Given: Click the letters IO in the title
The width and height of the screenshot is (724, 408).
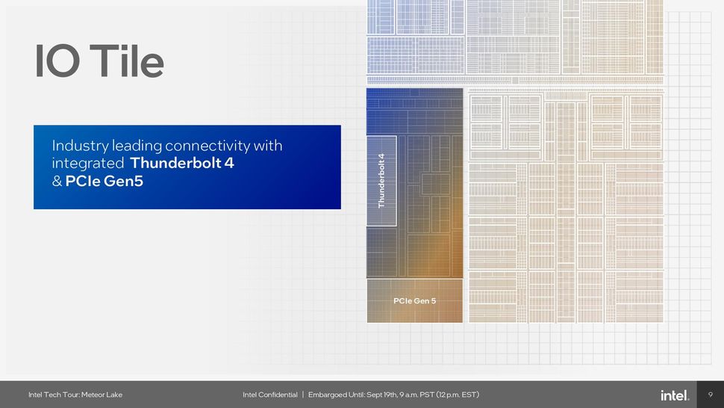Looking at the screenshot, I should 57,61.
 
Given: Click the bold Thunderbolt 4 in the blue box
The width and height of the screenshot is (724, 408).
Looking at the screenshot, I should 182,163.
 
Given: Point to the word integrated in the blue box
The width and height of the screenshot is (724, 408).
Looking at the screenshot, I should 87,163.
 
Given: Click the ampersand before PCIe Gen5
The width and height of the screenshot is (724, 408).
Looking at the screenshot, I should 57,181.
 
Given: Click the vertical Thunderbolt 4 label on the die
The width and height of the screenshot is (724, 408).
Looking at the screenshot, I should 381,180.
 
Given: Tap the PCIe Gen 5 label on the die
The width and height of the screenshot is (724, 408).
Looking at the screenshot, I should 414,301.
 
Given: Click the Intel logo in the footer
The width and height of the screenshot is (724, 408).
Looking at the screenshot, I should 675,395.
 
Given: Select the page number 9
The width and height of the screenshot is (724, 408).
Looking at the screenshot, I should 710,395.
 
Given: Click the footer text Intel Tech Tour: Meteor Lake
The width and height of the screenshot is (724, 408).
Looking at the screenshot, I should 75,395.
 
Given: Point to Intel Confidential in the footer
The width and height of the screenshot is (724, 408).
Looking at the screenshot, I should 269,395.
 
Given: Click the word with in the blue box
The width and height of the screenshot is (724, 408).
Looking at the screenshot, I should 268,145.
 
